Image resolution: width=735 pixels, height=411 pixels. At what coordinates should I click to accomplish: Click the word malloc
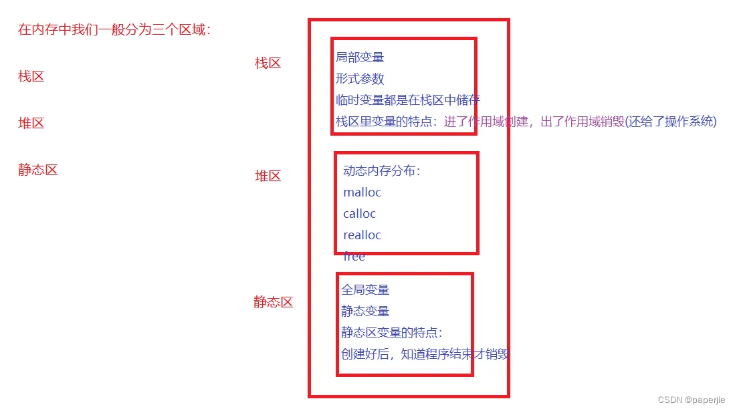(x=362, y=192)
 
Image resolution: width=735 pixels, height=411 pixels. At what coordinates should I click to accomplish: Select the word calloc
(x=359, y=214)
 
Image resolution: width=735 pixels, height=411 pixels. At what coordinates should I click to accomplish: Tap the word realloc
(x=362, y=235)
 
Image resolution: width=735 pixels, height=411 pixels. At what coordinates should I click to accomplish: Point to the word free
(x=354, y=257)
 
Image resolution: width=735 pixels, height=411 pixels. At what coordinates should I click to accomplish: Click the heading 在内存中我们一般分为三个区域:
(x=114, y=30)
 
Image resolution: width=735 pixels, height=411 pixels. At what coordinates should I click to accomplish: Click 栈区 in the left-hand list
(x=31, y=77)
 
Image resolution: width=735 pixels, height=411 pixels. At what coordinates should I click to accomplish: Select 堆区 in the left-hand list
(x=31, y=124)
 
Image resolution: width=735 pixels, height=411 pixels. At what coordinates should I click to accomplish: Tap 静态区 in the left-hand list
(x=37, y=170)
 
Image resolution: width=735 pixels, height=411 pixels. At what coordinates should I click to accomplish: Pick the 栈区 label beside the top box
(x=268, y=63)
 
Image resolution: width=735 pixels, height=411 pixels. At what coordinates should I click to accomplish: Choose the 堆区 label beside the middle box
(x=268, y=176)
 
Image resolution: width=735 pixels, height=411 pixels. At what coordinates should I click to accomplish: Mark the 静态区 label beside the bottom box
(x=273, y=302)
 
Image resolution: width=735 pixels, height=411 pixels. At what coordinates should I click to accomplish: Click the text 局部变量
(x=360, y=57)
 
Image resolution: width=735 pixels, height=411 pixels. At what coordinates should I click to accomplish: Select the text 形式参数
(x=360, y=79)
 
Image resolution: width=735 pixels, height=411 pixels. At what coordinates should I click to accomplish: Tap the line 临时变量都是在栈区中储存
(x=408, y=100)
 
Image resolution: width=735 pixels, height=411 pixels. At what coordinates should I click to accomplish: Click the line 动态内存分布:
(x=382, y=171)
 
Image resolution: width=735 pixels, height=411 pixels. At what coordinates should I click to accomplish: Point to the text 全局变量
(x=365, y=290)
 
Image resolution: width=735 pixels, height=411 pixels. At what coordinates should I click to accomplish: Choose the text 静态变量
(x=365, y=311)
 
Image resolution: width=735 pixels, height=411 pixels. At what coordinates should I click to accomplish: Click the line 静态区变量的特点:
(x=392, y=333)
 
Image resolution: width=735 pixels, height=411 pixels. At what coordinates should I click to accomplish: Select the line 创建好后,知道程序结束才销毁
(x=425, y=354)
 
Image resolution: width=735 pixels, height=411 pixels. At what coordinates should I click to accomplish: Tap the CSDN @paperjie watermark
(x=692, y=400)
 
